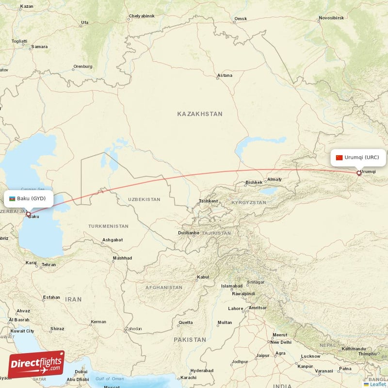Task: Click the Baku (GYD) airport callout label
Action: coord(28,198)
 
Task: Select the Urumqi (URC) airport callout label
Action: coord(358,157)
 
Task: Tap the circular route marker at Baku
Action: coord(29,214)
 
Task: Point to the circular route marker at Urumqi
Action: coord(359,173)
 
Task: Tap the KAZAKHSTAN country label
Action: coord(200,114)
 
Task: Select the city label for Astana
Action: coord(225,76)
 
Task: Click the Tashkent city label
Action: coord(209,201)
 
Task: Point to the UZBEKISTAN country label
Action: coord(144,199)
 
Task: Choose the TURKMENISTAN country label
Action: coord(108,226)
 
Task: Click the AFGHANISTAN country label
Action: coord(164,288)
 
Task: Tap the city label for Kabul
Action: coord(203,277)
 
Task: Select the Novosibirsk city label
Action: coord(332,18)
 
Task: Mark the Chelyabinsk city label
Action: coord(142,16)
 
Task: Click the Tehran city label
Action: coord(48,265)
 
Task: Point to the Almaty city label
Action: coord(274,179)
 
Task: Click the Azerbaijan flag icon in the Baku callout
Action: coord(12,198)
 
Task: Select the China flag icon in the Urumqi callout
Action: coord(339,157)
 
